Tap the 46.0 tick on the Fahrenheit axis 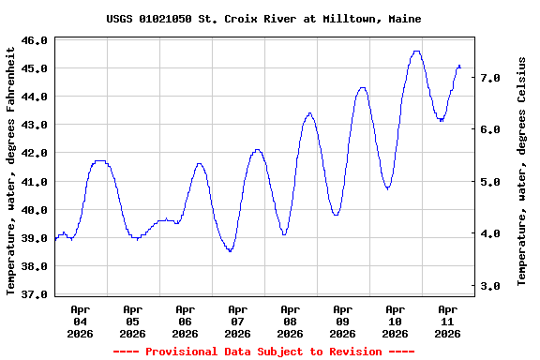(x=35, y=40)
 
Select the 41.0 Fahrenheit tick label (x=35, y=181)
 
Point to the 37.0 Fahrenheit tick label (x=35, y=294)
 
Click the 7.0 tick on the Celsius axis (x=490, y=78)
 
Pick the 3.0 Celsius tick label (x=490, y=285)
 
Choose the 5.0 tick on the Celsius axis (x=490, y=182)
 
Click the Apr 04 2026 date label (x=81, y=321)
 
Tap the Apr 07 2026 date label (x=238, y=321)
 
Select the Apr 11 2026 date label (x=448, y=321)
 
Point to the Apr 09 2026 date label (x=343, y=321)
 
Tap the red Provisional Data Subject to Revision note (x=263, y=352)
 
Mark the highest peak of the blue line (x=416, y=52)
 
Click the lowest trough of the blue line (x=230, y=251)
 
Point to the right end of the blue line (x=460, y=66)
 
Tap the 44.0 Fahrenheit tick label (x=35, y=97)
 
